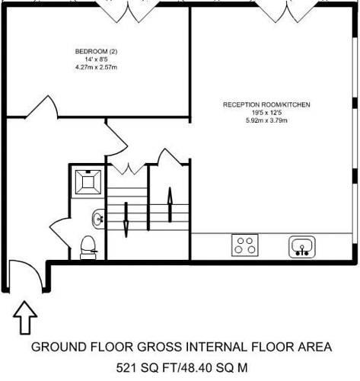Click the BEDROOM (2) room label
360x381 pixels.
click(x=96, y=52)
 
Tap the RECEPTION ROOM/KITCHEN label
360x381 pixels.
click(x=266, y=104)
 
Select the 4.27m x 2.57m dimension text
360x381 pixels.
click(x=96, y=67)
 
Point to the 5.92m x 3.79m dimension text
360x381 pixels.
click(x=266, y=120)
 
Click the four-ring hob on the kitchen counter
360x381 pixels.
click(x=245, y=245)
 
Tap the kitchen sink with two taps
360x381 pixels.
click(x=302, y=247)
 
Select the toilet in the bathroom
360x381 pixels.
click(x=88, y=248)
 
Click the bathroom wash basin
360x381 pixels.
click(x=98, y=219)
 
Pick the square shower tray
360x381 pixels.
click(x=88, y=182)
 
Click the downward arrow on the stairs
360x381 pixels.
click(x=126, y=219)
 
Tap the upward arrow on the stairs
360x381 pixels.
click(x=170, y=204)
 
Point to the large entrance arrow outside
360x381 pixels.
click(x=25, y=318)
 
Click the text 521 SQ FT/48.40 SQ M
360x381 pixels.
click(x=182, y=367)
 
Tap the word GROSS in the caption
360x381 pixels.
click(x=160, y=347)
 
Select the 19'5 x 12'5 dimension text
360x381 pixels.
click(x=266, y=113)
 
